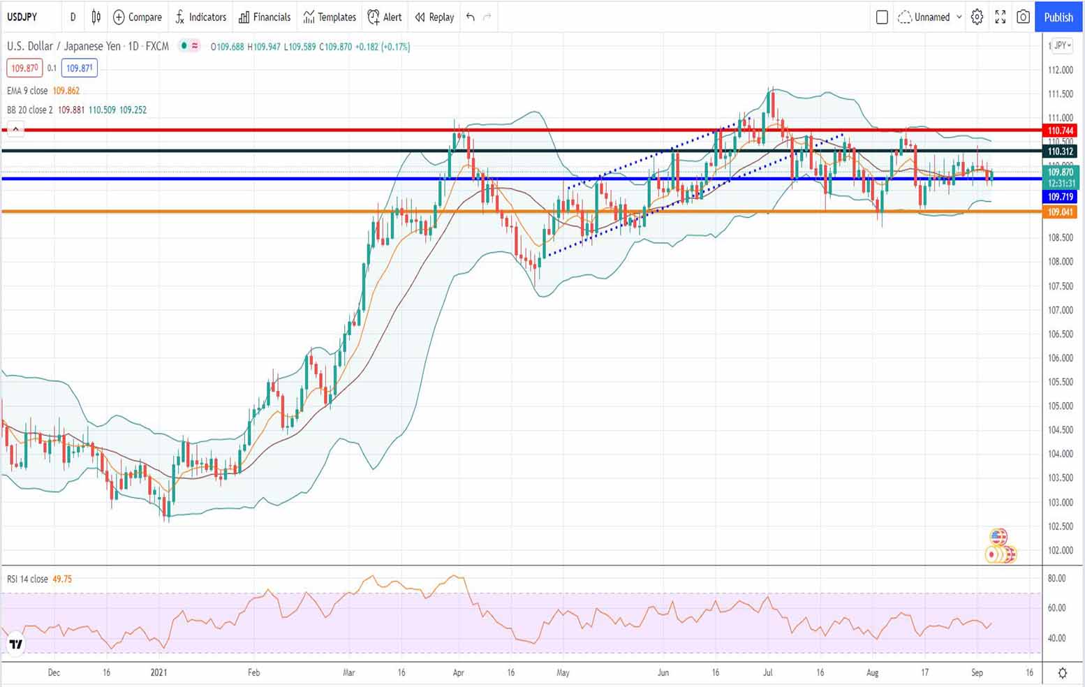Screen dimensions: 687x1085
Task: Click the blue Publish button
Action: pos(1058,17)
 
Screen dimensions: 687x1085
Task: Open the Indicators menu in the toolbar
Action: pos(201,17)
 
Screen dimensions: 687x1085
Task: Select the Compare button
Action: pos(138,17)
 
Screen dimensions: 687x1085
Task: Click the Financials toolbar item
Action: pos(265,17)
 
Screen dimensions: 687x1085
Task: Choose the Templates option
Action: pos(330,17)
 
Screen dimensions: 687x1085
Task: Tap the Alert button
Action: pos(385,17)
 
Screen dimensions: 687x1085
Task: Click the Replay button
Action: pos(434,17)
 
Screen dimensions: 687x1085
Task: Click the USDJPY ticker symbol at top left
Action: pos(22,17)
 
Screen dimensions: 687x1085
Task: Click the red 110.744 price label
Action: pos(1061,131)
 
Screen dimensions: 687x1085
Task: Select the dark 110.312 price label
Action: pos(1061,152)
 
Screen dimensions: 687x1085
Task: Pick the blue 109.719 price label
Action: pos(1061,197)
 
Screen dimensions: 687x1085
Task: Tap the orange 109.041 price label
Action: pos(1061,212)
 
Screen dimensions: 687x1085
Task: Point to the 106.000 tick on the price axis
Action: pos(1061,358)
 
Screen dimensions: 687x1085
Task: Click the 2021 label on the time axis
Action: pos(159,672)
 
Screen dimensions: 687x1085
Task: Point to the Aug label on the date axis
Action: pos(872,672)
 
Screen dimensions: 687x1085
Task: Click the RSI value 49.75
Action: pos(62,579)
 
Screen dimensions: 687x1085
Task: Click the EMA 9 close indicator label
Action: pos(27,91)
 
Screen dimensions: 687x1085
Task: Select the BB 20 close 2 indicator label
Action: pos(29,110)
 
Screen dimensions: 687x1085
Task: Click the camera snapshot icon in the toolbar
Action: pos(1023,17)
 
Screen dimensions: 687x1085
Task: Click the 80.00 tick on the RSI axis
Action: pos(1056,578)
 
